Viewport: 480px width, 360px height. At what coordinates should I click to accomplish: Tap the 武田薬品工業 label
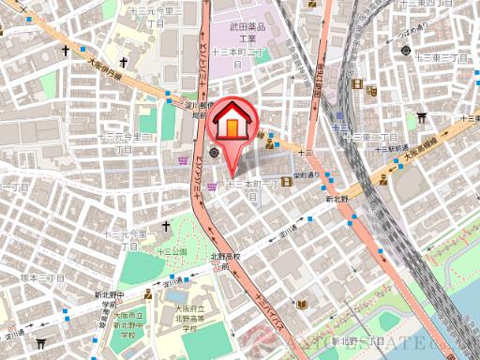point(247,35)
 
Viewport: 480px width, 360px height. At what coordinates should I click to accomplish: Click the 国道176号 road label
point(321,78)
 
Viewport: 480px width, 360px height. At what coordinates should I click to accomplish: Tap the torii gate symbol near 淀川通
point(39,343)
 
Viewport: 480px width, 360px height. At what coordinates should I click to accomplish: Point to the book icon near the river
point(302,306)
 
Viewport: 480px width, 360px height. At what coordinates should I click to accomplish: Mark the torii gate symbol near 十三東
point(422,118)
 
